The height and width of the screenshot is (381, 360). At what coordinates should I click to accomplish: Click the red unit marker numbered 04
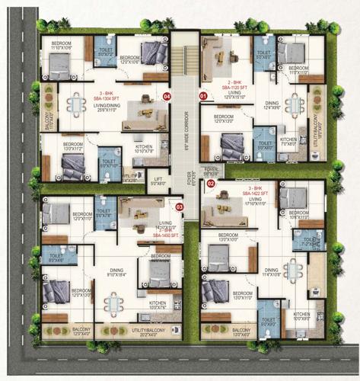[x=166, y=96]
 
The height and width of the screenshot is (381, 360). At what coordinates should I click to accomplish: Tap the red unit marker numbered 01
[x=202, y=97]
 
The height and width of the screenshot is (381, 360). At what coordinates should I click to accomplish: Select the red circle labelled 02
[x=211, y=184]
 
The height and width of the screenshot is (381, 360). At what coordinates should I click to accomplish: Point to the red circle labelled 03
[x=180, y=207]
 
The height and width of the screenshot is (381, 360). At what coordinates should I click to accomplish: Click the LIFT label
[x=158, y=181]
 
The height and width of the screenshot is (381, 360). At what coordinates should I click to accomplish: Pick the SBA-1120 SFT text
[x=234, y=88]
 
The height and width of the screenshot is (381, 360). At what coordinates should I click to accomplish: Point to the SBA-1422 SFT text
[x=256, y=194]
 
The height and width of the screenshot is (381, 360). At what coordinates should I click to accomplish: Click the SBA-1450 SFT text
[x=164, y=236]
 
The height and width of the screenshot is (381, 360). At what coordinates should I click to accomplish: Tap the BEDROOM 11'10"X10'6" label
[x=62, y=46]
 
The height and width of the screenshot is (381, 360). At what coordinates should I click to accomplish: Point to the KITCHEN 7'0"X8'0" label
[x=288, y=142]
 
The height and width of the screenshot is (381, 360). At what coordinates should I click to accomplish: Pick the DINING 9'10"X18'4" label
[x=116, y=271]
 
